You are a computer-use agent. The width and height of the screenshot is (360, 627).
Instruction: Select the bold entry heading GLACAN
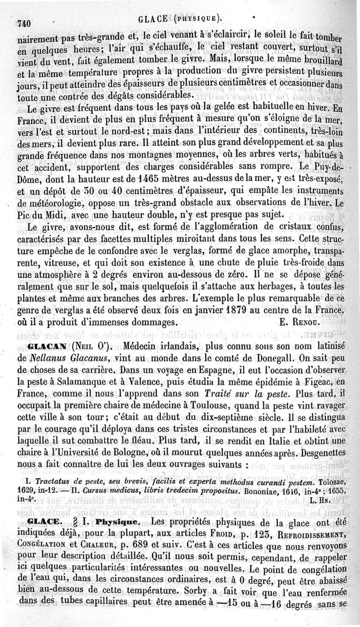tap(48, 348)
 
